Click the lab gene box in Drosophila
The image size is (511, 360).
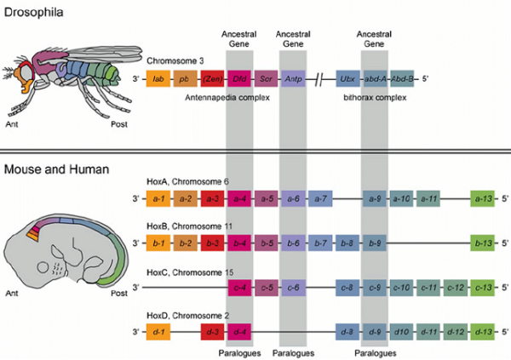coord(159,79)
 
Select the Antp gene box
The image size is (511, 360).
coord(294,79)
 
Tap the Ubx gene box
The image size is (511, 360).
coord(347,79)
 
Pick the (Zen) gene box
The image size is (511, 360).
coord(212,79)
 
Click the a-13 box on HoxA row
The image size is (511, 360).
coord(485,198)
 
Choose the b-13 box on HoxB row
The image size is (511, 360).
coord(485,243)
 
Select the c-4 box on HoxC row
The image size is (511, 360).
coord(239,287)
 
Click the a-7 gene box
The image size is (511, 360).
coord(322,198)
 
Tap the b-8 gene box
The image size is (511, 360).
coord(347,243)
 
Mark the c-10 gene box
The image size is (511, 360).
coord(402,287)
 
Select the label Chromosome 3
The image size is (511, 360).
coord(176,61)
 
